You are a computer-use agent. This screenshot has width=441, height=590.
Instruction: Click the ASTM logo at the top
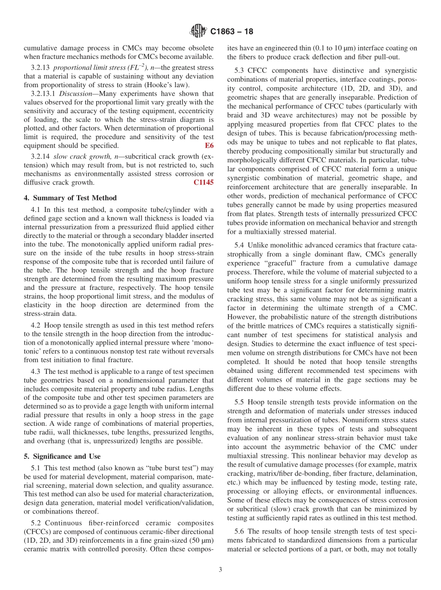click(198, 32)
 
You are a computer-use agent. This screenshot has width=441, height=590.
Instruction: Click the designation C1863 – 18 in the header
click(232, 32)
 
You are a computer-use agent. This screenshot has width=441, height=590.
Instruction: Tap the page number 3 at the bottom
click(220, 570)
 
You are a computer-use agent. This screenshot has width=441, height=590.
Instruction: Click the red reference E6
click(209, 146)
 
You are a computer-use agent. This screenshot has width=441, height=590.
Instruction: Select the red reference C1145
click(203, 182)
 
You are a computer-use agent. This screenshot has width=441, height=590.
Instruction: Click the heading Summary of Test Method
click(70, 198)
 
